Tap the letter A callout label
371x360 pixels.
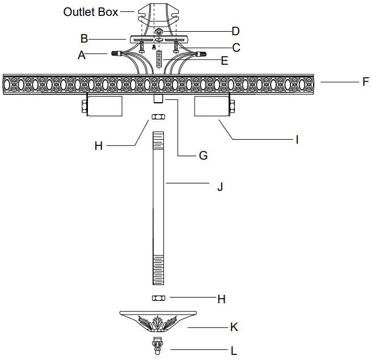[x=82, y=55]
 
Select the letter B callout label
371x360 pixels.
[x=84, y=39]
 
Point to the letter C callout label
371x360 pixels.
[x=236, y=48]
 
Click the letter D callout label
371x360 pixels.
[x=235, y=31]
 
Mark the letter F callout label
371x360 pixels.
[x=365, y=82]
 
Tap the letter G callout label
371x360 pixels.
[x=203, y=154]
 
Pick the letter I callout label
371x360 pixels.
[x=297, y=139]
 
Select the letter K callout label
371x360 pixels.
[x=234, y=327]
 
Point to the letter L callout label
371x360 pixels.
[x=233, y=351]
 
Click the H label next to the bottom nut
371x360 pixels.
[x=221, y=299]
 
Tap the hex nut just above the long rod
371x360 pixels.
[x=158, y=117]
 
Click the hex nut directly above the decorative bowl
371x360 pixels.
[x=158, y=298]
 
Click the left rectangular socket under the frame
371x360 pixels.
[x=103, y=106]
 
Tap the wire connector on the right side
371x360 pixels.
[x=199, y=55]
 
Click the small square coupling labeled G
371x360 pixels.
[x=158, y=99]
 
